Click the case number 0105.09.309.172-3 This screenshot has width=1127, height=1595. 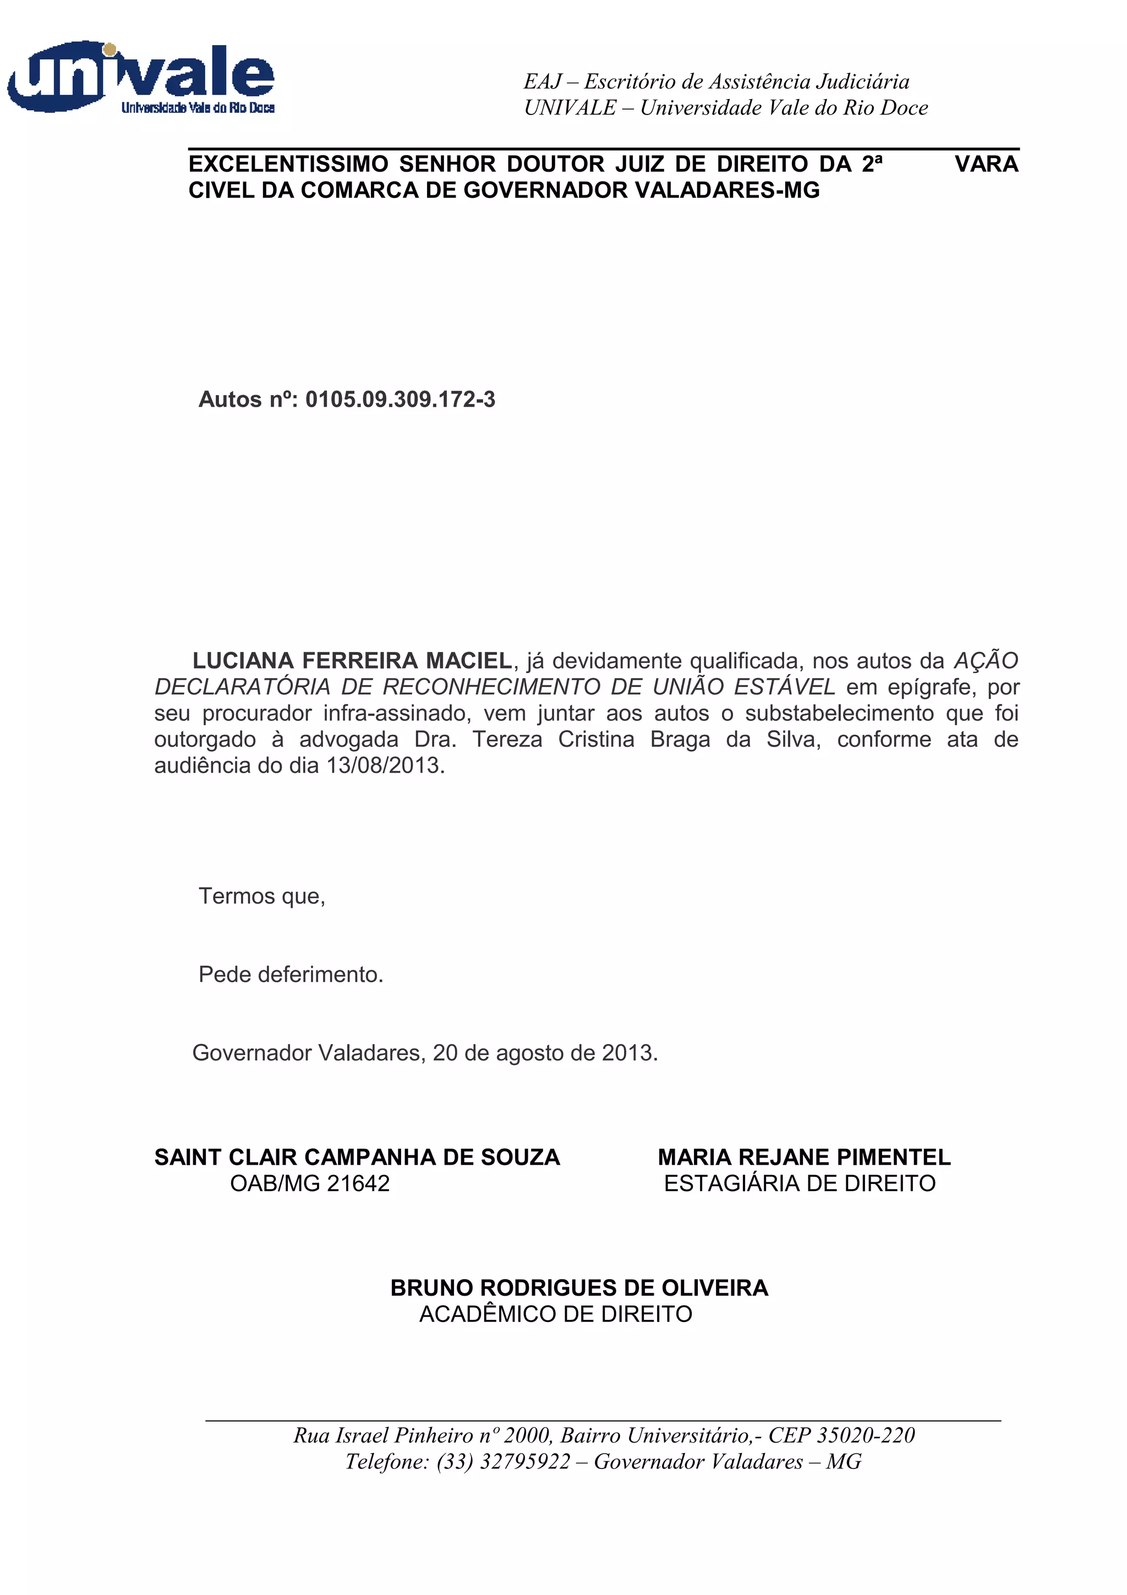tap(400, 400)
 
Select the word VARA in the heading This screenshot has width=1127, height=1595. tap(986, 164)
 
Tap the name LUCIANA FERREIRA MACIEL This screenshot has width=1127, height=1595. tap(352, 660)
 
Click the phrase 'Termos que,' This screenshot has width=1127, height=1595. tap(262, 896)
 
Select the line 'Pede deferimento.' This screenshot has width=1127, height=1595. tap(291, 975)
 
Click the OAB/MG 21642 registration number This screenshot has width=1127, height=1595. tap(310, 1183)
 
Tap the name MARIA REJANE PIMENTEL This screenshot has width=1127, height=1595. tap(804, 1157)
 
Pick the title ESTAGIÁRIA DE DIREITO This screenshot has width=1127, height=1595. tap(799, 1183)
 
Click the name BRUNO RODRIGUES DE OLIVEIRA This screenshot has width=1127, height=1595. tap(579, 1288)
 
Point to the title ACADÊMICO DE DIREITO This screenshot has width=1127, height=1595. tap(555, 1314)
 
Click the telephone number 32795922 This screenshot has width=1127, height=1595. tap(525, 1462)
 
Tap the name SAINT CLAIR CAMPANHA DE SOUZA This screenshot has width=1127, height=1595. tap(357, 1157)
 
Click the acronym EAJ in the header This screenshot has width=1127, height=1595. tap(543, 82)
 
